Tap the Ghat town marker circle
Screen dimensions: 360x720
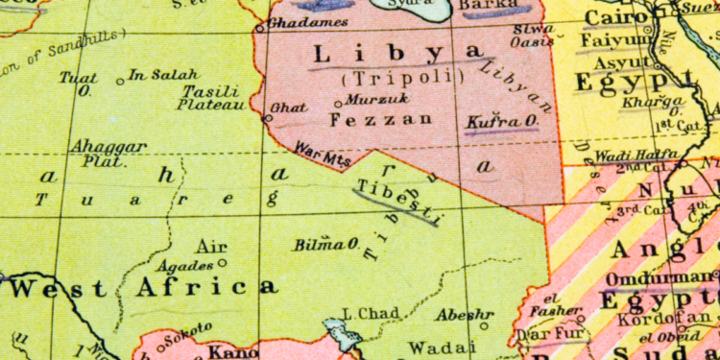click(x=268, y=117)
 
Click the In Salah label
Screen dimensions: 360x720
click(x=163, y=74)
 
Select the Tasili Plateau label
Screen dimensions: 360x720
click(x=212, y=98)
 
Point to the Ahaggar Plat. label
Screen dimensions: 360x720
click(x=108, y=152)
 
